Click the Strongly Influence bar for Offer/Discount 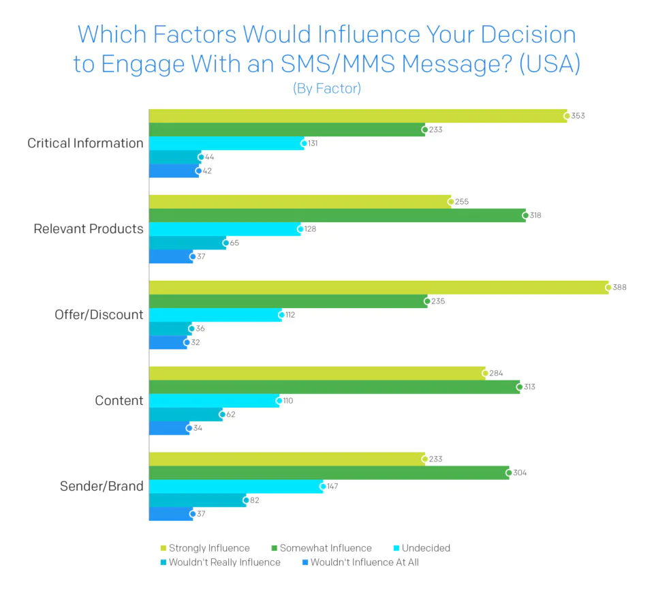point(378,288)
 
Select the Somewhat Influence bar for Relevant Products point(337,215)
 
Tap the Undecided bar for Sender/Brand point(236,487)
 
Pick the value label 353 point(578,116)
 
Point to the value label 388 point(619,288)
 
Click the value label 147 point(332,487)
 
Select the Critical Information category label point(85,143)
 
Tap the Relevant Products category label point(89,229)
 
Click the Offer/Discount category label point(99,315)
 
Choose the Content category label point(119,401)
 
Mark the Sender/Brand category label point(102,487)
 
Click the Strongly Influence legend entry point(204,548)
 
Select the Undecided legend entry point(420,548)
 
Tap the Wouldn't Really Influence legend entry point(219,562)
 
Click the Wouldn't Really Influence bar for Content point(185,414)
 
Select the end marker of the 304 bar point(508,473)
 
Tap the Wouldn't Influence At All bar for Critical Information point(174,170)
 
